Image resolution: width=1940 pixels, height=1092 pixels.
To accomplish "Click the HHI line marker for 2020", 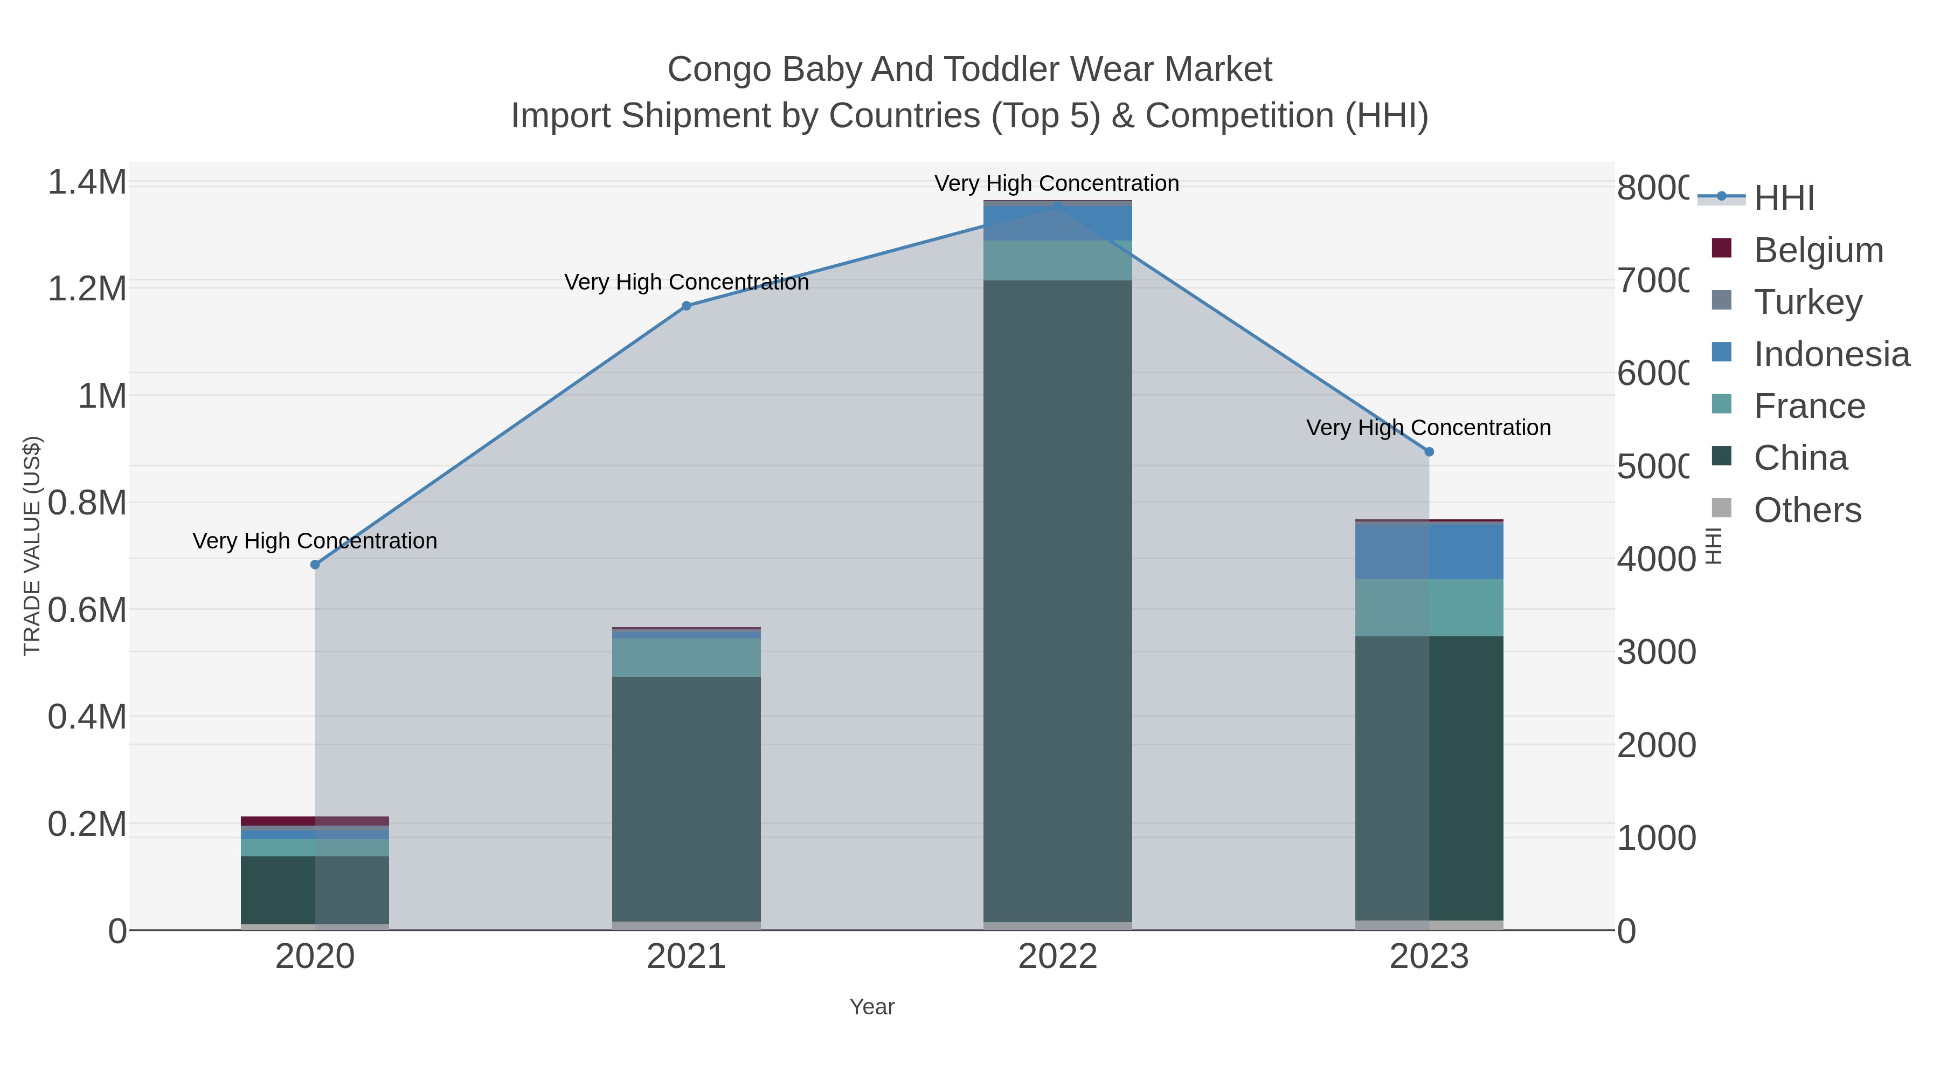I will point(315,565).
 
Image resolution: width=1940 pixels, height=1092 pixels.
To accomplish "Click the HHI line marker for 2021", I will point(686,306).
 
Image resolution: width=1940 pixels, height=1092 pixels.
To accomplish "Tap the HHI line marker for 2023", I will point(1429,451).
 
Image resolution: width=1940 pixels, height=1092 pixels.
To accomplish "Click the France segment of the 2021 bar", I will point(686,657).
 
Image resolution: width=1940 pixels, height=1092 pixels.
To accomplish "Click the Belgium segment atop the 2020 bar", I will point(315,821).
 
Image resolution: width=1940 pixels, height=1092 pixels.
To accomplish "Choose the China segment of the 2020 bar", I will point(315,889).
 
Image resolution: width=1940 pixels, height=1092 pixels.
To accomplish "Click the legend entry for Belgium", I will point(1818,250).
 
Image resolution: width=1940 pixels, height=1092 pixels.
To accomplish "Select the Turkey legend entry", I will point(1807,301).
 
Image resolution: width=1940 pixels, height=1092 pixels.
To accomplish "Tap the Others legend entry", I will point(1807,510).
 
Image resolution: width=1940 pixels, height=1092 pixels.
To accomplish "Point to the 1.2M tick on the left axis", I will point(87,289).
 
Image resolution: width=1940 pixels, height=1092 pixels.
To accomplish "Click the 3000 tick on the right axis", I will point(1656,652).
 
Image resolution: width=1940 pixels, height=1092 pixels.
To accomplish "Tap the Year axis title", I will point(871,1007).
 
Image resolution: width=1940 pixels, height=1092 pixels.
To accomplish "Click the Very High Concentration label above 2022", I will point(1057,183).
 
